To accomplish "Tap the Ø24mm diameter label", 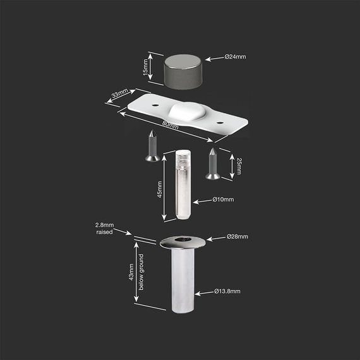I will pos(236,57).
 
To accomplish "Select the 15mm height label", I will pos(144,67).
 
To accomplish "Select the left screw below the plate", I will pos(152,147).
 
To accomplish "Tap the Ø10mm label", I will pos(223,200).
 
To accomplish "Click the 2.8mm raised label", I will pos(104,229).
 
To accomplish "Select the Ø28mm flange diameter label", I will pos(237,237).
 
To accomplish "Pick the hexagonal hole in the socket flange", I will pos(181,241).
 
